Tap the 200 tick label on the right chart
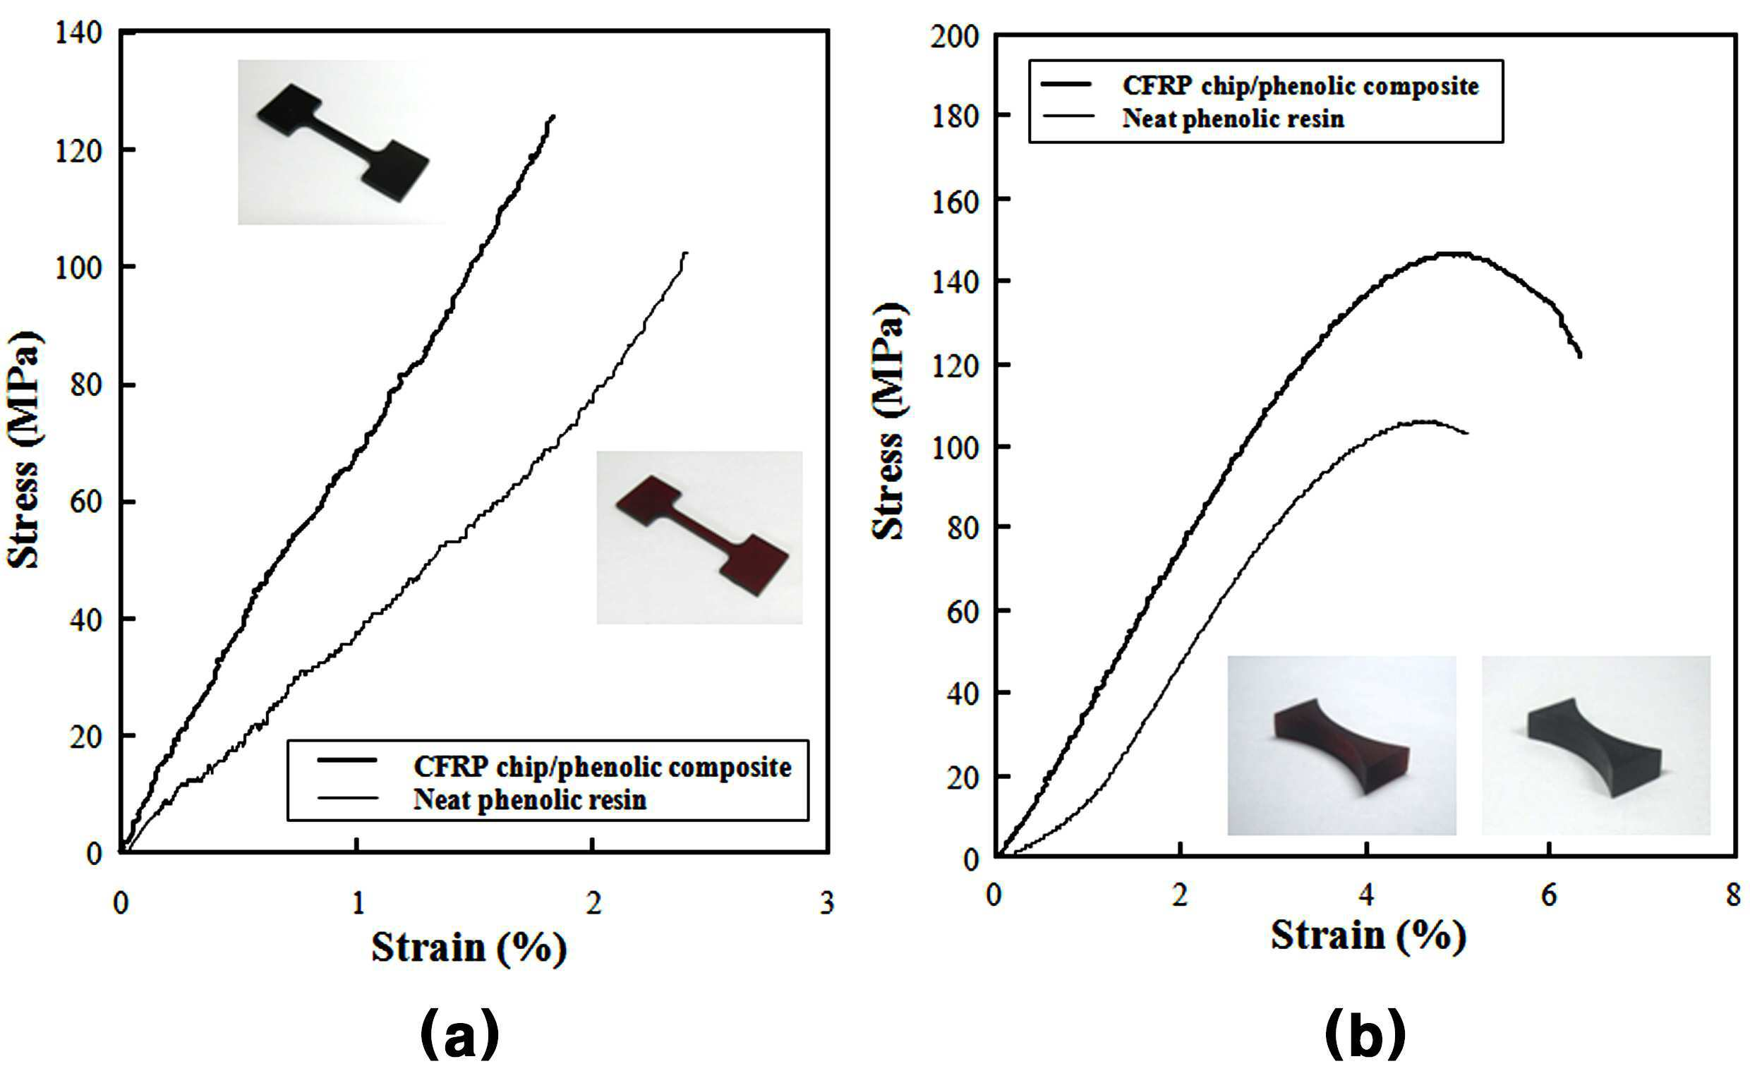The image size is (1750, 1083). pos(954,36)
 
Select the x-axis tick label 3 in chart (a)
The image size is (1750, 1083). pos(826,903)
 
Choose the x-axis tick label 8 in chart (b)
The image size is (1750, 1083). pos(1732,895)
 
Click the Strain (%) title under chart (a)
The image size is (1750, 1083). pos(469,948)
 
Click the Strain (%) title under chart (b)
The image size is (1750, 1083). pos(1369,936)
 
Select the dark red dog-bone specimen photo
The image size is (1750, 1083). pos(699,537)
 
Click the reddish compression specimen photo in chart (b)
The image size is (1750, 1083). pos(1341,745)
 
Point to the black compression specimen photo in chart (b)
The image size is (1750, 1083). pos(1596,745)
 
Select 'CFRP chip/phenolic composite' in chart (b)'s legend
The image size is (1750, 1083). pos(1300,86)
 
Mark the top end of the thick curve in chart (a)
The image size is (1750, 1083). pos(553,115)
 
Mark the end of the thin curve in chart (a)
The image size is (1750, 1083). pos(687,252)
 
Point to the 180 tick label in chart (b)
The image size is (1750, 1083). pos(954,116)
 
